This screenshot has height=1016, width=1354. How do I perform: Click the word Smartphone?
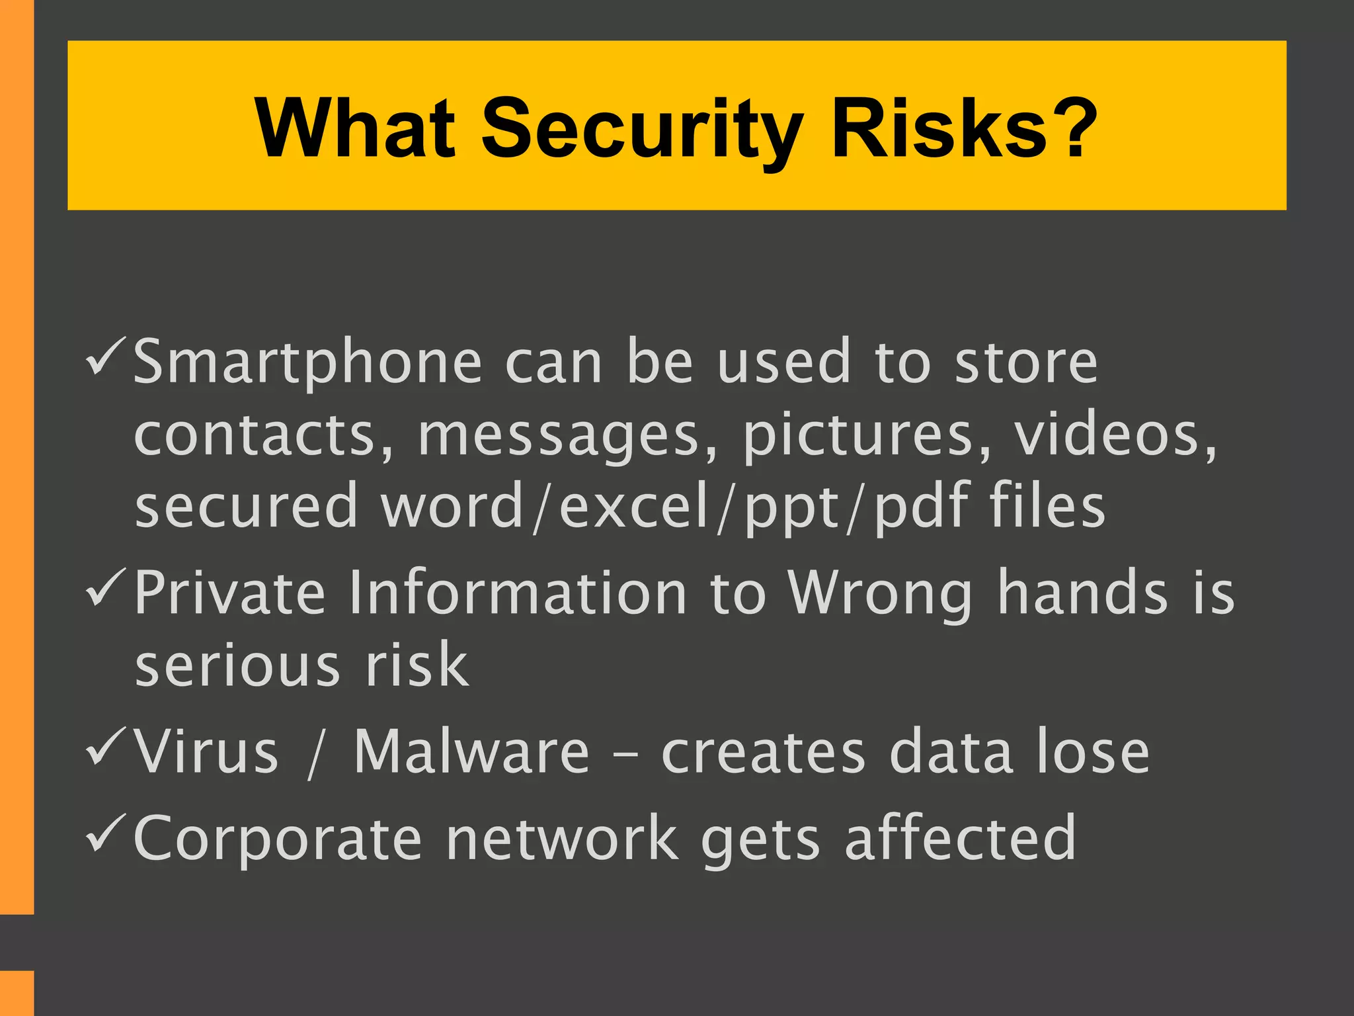pyautogui.click(x=307, y=363)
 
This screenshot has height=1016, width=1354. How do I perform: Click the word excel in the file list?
pyautogui.click(x=634, y=507)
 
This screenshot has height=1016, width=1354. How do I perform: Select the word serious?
pyautogui.click(x=238, y=665)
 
